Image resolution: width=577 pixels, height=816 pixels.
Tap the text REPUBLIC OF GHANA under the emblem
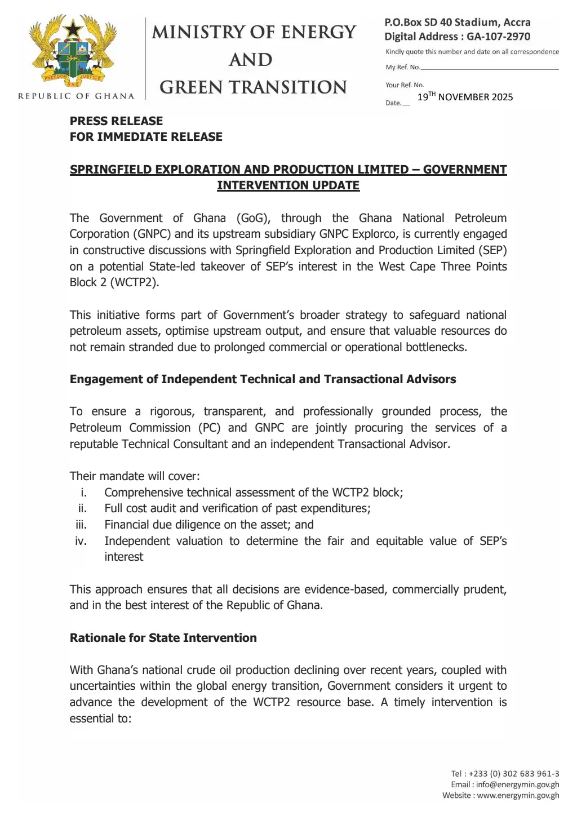pos(76,96)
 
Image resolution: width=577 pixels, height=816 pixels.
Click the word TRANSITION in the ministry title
pos(292,87)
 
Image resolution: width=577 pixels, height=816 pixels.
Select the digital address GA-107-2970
pos(498,37)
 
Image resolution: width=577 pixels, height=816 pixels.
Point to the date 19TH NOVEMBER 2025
pos(465,97)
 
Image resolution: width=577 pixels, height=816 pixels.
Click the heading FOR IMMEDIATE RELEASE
pos(146,137)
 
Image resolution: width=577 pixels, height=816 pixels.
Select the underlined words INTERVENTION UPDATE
pos(288,185)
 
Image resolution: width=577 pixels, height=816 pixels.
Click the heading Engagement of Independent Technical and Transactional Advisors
pos(263,379)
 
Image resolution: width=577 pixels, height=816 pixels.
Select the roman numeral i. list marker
pos(83,493)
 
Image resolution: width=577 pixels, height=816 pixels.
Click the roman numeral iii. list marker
pos(81,525)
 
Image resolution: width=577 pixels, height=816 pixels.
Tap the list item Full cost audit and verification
pos(237,508)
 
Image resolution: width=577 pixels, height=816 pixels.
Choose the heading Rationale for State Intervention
pos(163,638)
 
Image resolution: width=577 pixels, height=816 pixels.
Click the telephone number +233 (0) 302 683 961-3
pos(514,774)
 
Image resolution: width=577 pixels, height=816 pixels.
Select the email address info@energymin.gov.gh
pos(517,784)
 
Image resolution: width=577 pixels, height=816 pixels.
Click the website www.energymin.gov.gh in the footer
pos(518,795)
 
